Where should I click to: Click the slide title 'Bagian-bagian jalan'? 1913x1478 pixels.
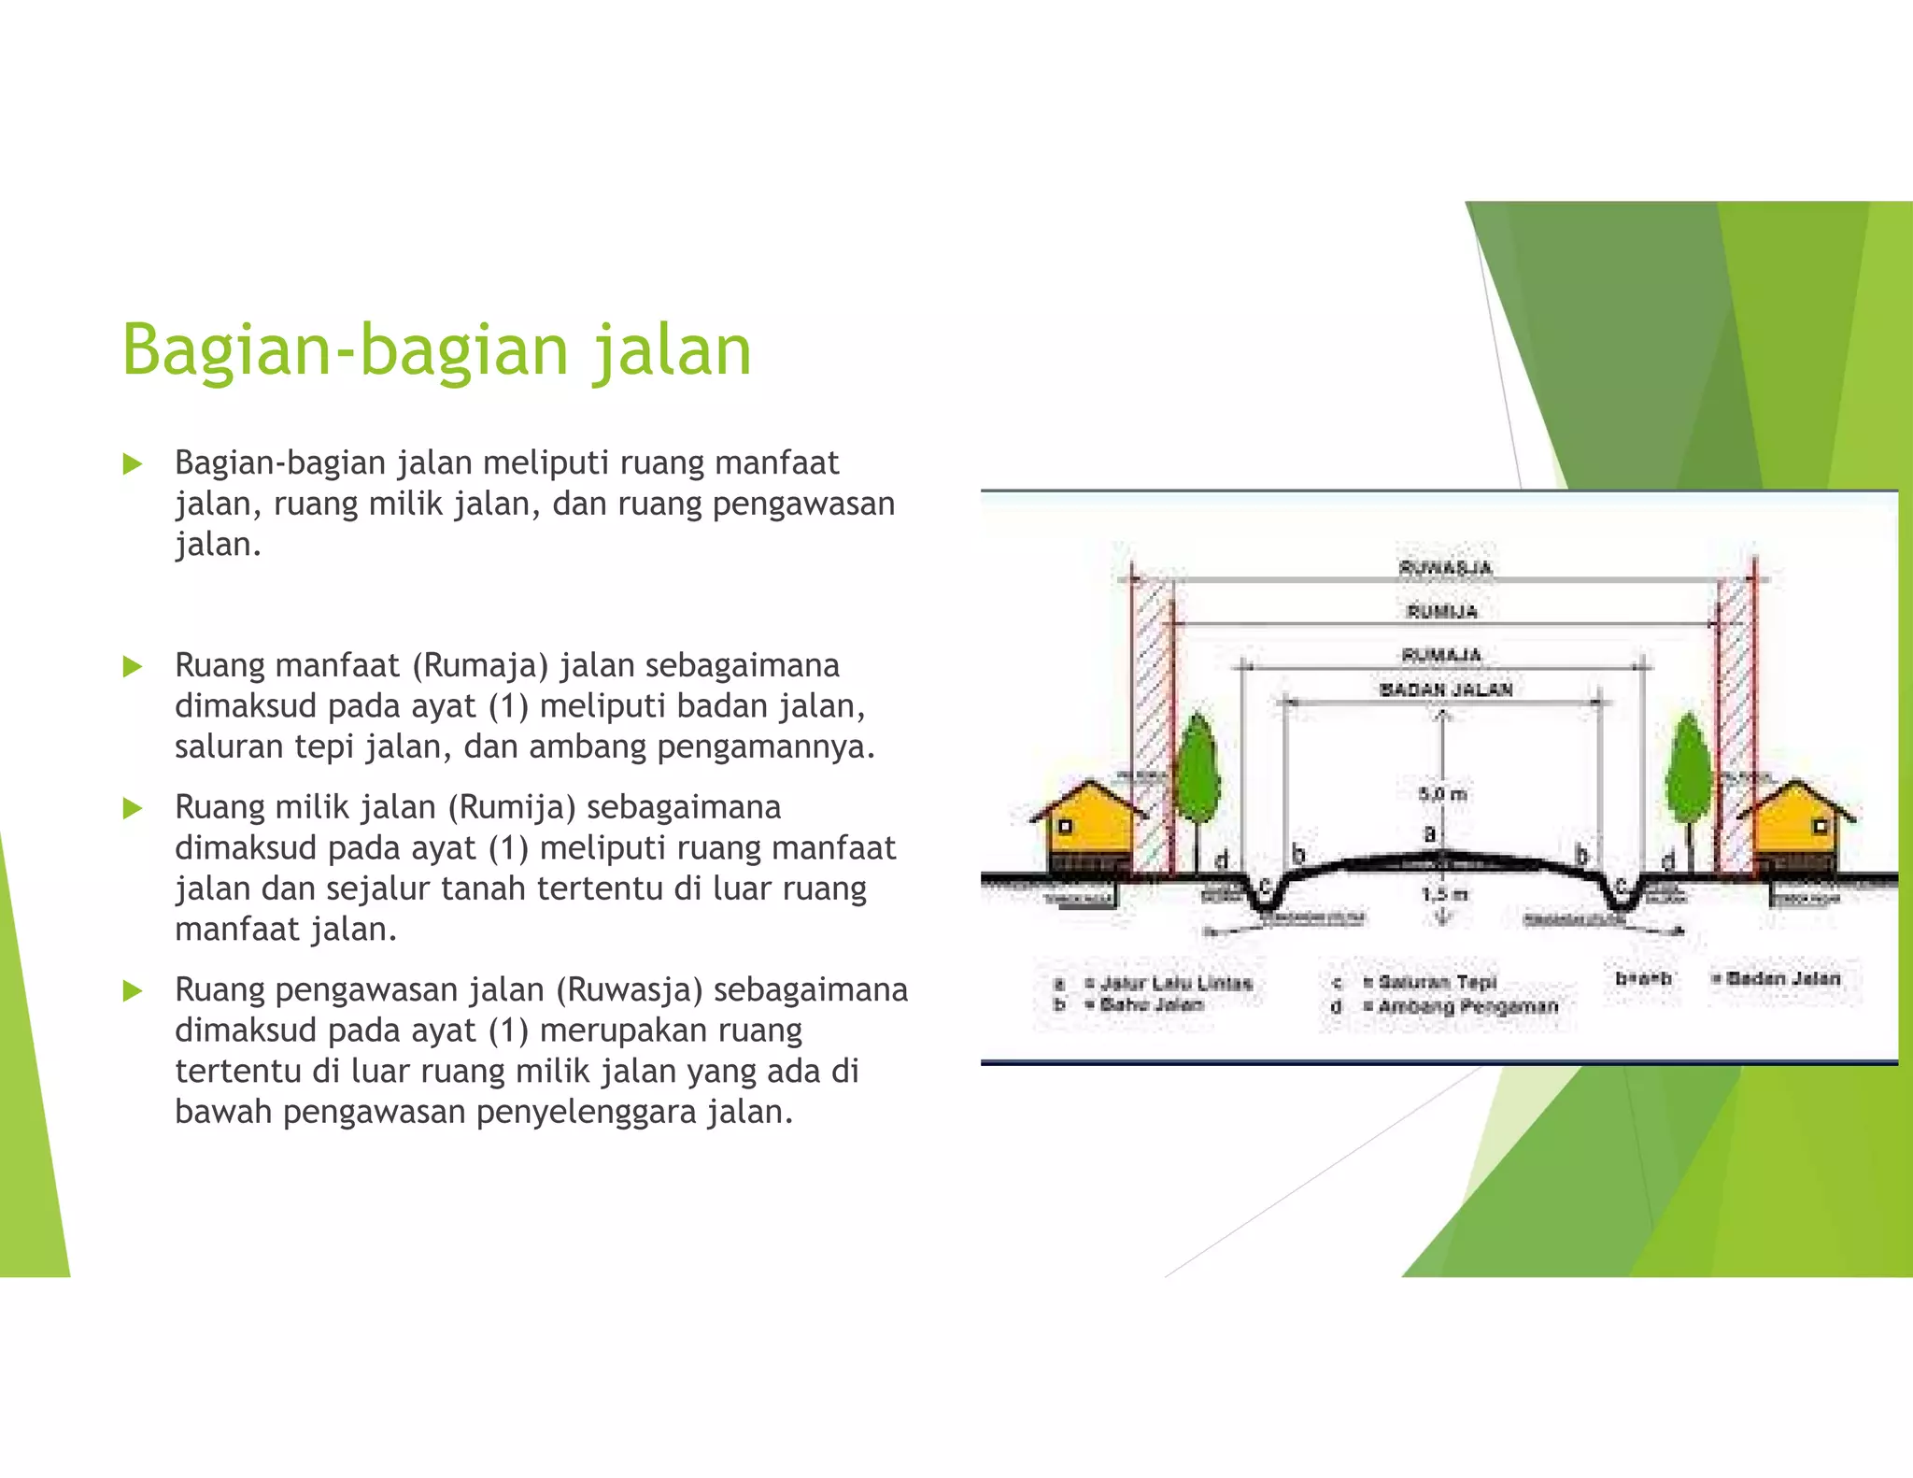pyautogui.click(x=436, y=350)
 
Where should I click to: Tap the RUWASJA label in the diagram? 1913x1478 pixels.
pyautogui.click(x=1445, y=567)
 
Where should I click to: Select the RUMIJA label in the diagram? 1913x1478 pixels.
pyautogui.click(x=1442, y=611)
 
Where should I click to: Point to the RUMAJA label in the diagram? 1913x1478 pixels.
pyautogui.click(x=1441, y=655)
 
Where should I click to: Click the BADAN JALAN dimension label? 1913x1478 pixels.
pyautogui.click(x=1446, y=689)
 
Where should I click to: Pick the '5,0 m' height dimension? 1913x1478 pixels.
pyautogui.click(x=1442, y=794)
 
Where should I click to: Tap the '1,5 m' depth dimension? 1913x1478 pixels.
pyautogui.click(x=1444, y=895)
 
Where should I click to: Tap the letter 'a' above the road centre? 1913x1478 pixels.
pyautogui.click(x=1429, y=832)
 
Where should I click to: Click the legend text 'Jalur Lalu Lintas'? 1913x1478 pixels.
pyautogui.click(x=1176, y=983)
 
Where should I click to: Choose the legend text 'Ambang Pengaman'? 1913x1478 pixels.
pyautogui.click(x=1467, y=1006)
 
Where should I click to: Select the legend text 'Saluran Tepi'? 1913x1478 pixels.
pyautogui.click(x=1438, y=982)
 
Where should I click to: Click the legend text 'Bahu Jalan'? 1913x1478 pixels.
pyautogui.click(x=1152, y=1004)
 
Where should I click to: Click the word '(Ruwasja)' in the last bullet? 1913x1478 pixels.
pyautogui.click(x=629, y=989)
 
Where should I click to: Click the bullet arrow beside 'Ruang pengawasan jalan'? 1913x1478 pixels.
pyautogui.click(x=133, y=990)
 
